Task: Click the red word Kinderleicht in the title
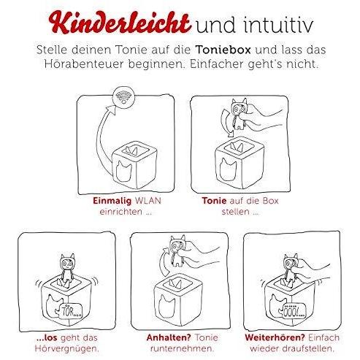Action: tap(119, 23)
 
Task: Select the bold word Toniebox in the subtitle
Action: tap(223, 50)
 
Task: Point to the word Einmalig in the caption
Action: tap(112, 201)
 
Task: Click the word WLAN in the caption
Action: tap(148, 201)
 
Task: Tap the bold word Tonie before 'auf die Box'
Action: tap(214, 201)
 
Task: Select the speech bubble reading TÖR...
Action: tap(69, 311)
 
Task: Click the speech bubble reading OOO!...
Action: tap(292, 310)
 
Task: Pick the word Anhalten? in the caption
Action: tap(169, 337)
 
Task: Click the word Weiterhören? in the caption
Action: tap(275, 337)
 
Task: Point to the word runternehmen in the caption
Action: tap(181, 348)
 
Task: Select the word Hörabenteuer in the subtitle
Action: tap(84, 64)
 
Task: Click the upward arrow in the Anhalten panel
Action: tap(163, 261)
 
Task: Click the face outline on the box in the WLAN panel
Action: tap(124, 171)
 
